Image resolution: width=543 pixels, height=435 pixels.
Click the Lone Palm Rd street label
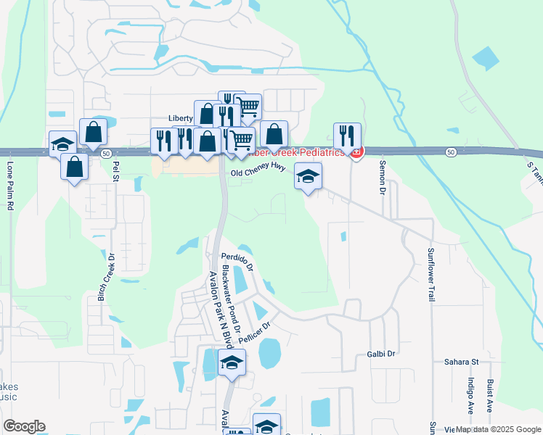[x=11, y=186]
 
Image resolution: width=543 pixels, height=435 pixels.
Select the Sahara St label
[x=462, y=360]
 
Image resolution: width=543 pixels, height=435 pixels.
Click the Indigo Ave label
[x=470, y=396]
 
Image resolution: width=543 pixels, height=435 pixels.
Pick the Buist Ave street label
[x=491, y=396]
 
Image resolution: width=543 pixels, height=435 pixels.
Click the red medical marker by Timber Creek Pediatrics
[x=355, y=152]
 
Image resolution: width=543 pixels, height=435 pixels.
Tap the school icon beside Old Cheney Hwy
[x=309, y=176]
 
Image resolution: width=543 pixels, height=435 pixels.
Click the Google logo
[x=24, y=426]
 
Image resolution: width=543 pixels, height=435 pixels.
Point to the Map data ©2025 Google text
[x=497, y=430]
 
